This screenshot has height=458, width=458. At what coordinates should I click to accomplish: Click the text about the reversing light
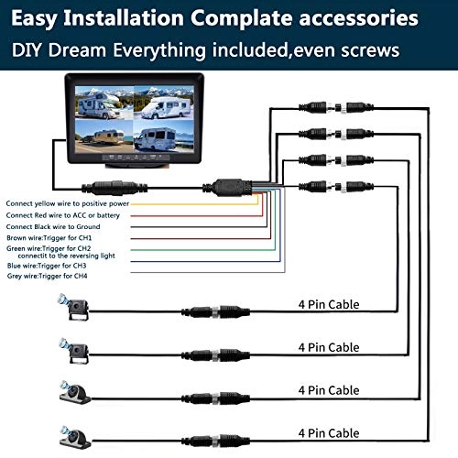coord(70,256)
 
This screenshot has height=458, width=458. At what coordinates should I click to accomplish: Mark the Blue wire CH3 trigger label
coord(50,266)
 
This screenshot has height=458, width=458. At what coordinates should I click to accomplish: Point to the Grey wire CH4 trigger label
coord(51,277)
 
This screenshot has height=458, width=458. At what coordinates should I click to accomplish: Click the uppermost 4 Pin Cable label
coord(329,304)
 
